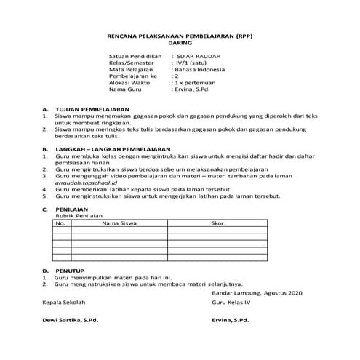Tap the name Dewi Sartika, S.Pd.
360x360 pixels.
(x=70, y=320)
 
